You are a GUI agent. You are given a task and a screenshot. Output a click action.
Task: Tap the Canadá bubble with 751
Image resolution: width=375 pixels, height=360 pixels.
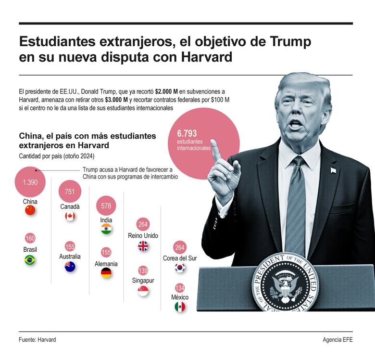(70, 192)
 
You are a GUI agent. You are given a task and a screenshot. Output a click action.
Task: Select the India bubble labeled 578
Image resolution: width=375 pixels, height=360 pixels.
(106, 206)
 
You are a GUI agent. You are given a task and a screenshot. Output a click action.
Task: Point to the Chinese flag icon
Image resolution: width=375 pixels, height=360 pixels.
(30, 210)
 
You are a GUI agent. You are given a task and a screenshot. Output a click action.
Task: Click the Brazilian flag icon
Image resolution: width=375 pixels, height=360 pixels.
(30, 260)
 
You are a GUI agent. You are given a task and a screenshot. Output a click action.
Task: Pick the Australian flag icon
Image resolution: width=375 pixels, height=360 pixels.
(70, 267)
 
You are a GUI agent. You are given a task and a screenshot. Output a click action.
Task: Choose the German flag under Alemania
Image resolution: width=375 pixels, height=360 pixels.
(106, 273)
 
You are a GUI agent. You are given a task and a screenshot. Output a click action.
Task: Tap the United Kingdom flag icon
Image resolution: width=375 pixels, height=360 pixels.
(143, 246)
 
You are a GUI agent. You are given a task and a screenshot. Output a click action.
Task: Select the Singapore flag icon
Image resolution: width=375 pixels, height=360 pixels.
(143, 291)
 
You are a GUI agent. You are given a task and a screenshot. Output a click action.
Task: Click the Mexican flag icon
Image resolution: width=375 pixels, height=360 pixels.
(180, 307)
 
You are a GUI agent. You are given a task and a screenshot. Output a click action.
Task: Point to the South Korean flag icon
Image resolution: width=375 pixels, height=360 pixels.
(180, 268)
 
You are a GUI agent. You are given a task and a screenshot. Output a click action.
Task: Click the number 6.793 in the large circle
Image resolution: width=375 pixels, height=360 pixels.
(187, 134)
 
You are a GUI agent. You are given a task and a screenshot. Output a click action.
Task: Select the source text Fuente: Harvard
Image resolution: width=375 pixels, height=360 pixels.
(37, 340)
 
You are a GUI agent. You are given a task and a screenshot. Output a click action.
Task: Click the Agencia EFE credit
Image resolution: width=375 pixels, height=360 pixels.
(338, 340)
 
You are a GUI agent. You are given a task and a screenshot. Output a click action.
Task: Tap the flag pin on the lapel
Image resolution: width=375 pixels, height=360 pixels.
(333, 170)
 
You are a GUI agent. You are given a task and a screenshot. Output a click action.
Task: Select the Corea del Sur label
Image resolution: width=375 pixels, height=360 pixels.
(180, 258)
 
